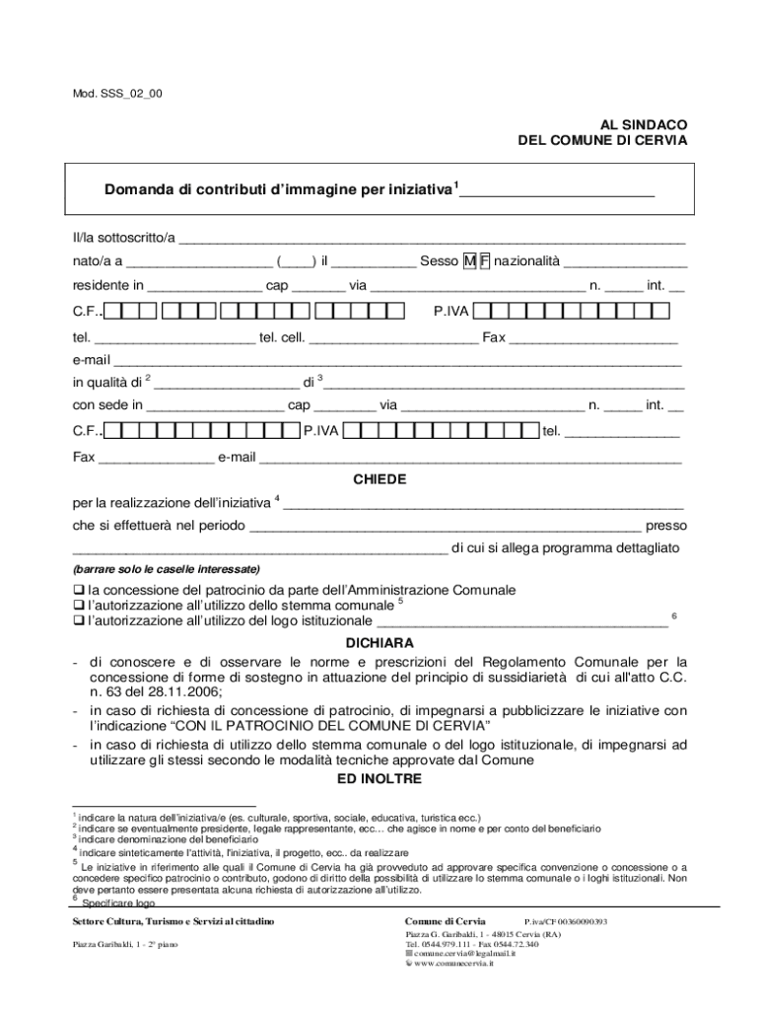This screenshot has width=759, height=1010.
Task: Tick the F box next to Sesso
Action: point(484,261)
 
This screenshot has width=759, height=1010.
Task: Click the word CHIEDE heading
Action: point(379,479)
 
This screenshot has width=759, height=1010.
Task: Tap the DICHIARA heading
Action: point(379,642)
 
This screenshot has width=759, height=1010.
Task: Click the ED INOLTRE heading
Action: point(379,779)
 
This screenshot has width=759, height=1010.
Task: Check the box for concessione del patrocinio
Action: point(79,590)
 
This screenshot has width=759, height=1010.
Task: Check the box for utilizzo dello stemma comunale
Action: point(79,606)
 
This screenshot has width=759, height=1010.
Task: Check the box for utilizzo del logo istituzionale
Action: point(79,621)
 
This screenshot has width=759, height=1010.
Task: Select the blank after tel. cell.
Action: point(393,337)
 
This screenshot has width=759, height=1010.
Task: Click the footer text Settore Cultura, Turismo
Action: point(143,921)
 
